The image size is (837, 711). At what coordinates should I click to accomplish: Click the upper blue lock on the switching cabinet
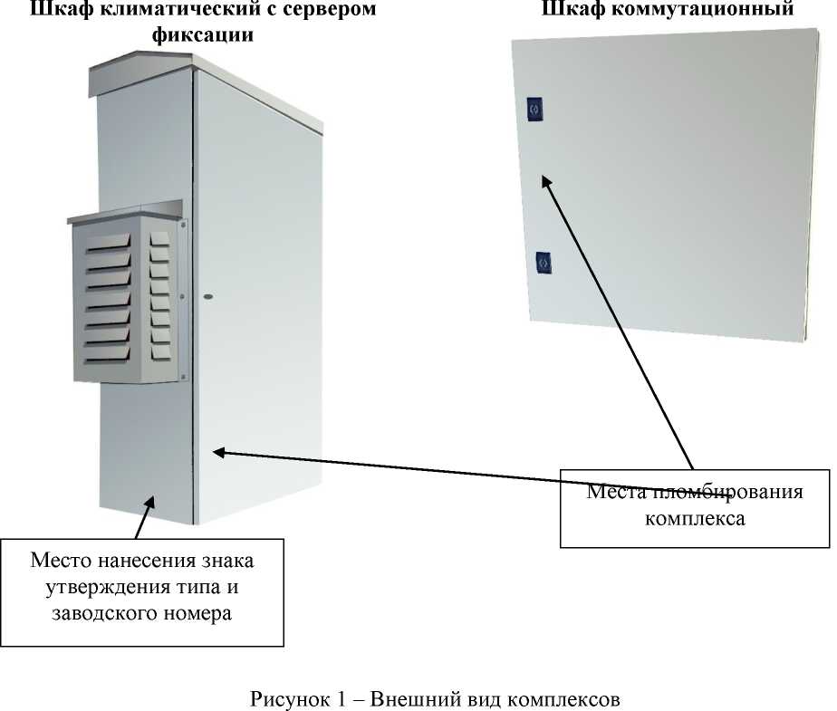[x=533, y=109]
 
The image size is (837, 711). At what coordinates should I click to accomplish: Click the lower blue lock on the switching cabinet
[x=544, y=261]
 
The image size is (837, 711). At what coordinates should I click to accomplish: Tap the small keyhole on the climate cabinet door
[x=209, y=296]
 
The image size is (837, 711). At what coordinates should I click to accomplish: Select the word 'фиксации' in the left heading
[x=201, y=34]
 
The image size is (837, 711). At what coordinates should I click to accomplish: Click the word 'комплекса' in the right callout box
[x=695, y=520]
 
